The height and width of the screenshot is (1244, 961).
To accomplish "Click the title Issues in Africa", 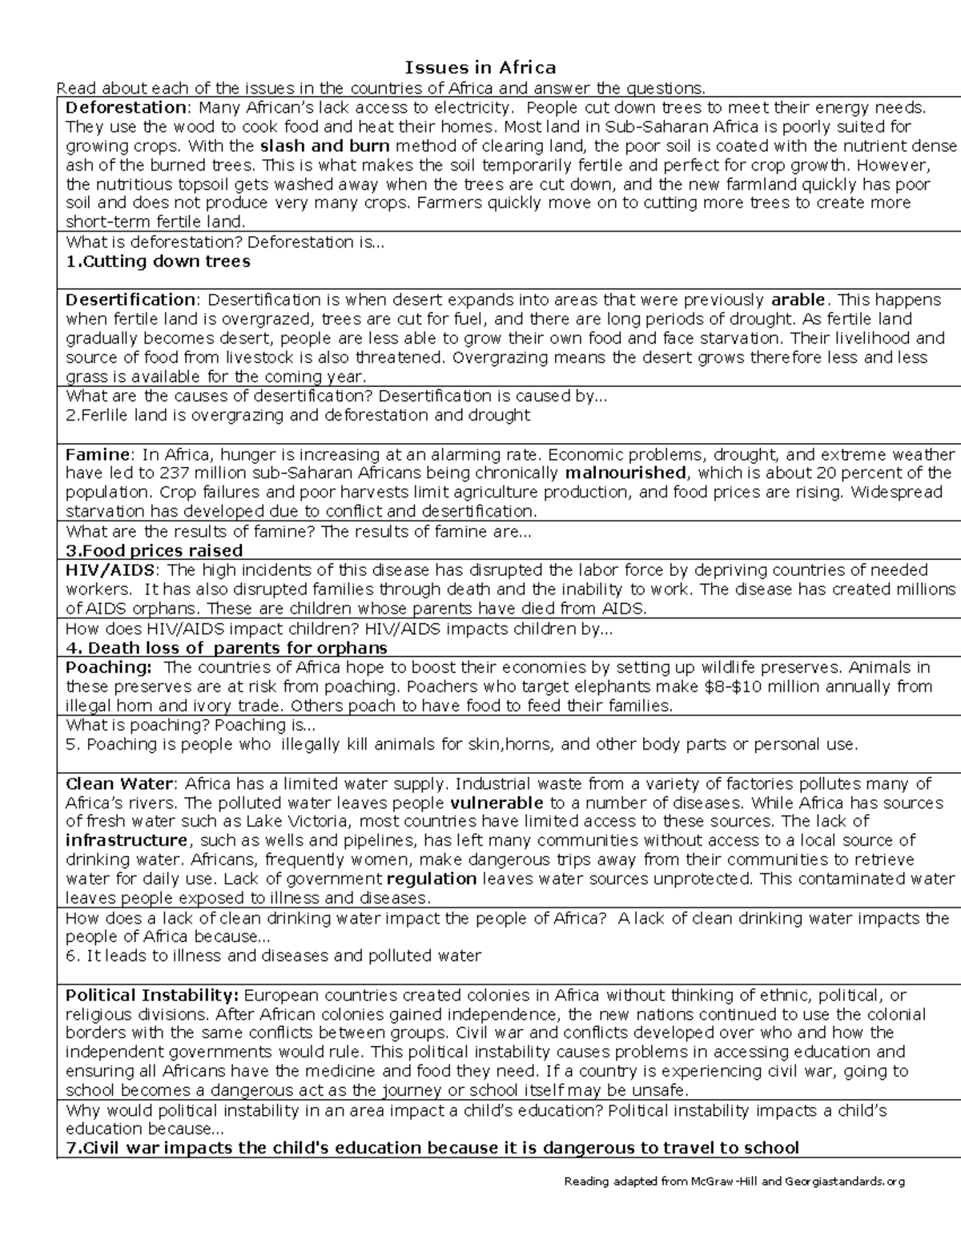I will pyautogui.click(x=480, y=66).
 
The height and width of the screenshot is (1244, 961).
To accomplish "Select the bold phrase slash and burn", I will pyautogui.click(x=325, y=146).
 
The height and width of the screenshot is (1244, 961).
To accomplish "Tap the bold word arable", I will pyautogui.click(x=798, y=300).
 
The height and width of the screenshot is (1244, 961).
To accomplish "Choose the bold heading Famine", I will pyautogui.click(x=97, y=454).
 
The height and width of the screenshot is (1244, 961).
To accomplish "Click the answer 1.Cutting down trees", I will pyautogui.click(x=158, y=261).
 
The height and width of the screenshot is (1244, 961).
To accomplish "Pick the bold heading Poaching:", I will pyautogui.click(x=108, y=667).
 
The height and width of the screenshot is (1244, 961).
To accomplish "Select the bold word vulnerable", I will pyautogui.click(x=497, y=803).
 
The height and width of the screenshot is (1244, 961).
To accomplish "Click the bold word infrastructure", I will pyautogui.click(x=127, y=840).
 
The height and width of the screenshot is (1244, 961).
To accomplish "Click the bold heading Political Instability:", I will pyautogui.click(x=152, y=996).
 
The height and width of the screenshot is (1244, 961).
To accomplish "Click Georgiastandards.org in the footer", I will pyautogui.click(x=846, y=1182).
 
